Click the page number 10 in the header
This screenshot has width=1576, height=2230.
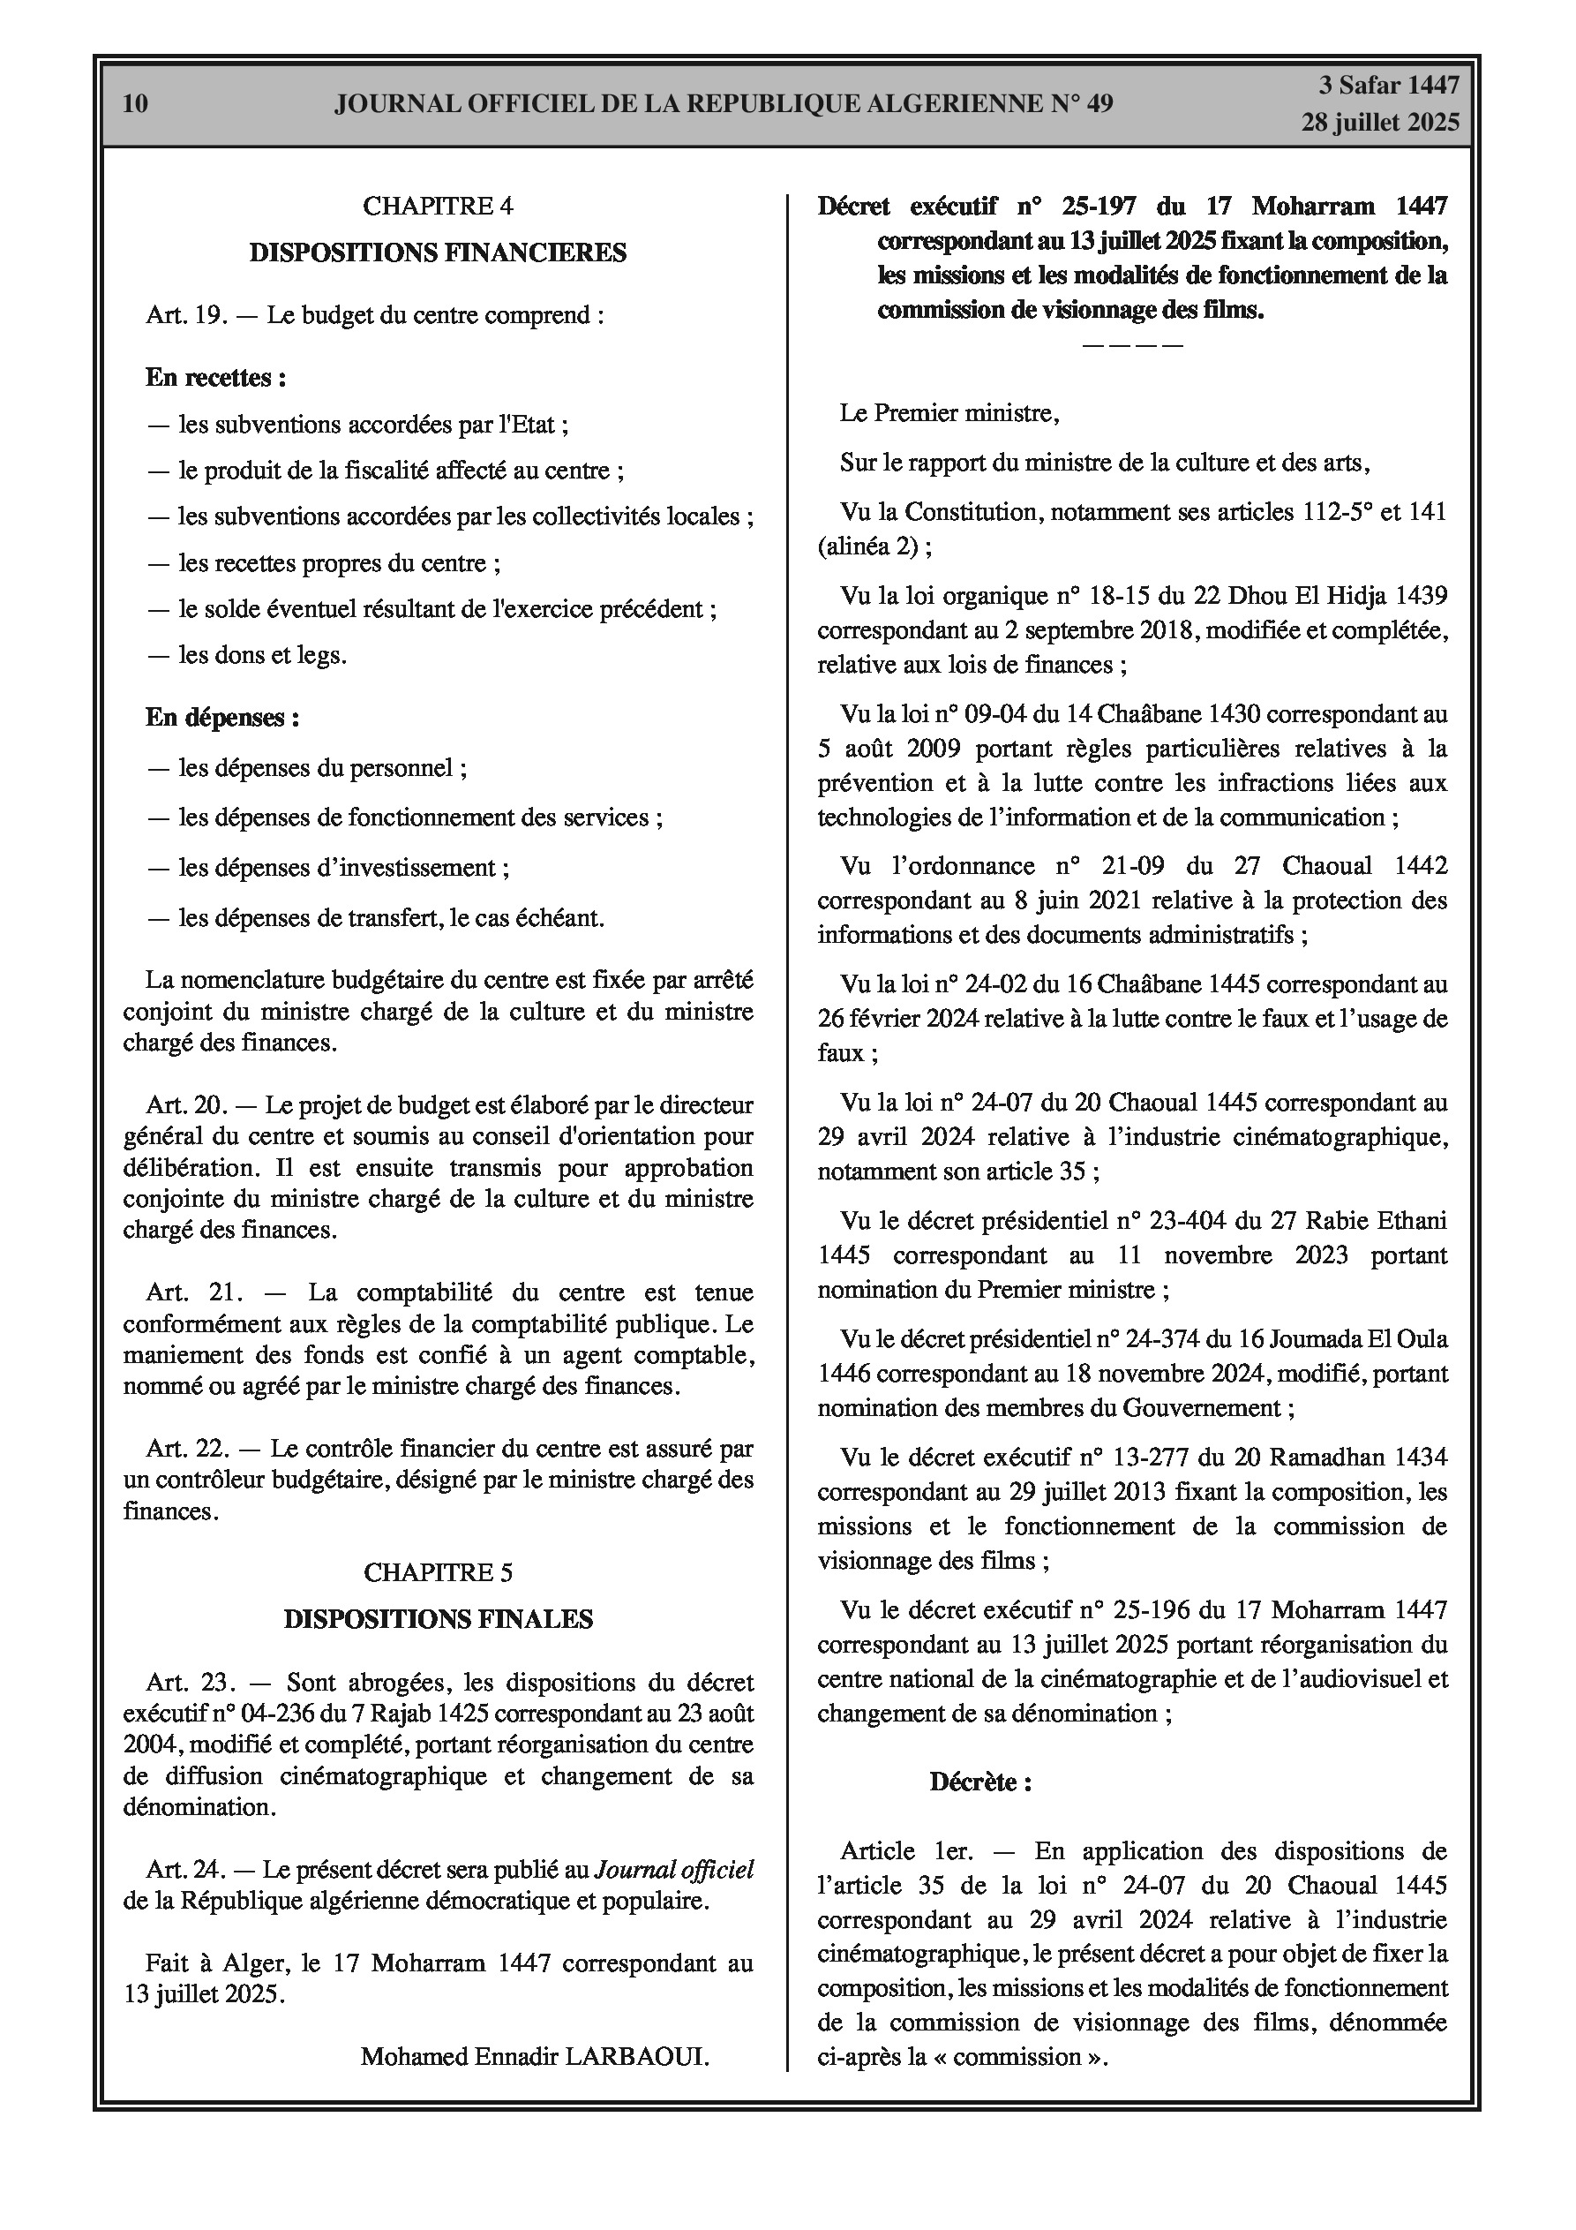tap(136, 104)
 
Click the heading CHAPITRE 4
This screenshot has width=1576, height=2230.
tap(438, 206)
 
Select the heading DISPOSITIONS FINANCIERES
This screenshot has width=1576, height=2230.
tap(438, 253)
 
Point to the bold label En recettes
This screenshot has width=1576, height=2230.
tap(215, 378)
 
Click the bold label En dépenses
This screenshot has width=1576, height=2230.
tap(221, 718)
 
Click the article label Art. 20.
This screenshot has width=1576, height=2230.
tap(186, 1105)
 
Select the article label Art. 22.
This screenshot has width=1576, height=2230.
tap(187, 1448)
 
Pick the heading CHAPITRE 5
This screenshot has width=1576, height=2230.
tap(438, 1572)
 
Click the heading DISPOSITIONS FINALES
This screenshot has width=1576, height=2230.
tap(438, 1620)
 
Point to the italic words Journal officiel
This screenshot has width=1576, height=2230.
tap(673, 1870)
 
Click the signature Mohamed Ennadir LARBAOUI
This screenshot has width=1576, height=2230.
tap(534, 2056)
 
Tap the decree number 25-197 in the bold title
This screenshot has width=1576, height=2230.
tap(1103, 206)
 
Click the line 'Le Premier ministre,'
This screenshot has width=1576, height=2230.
tap(949, 414)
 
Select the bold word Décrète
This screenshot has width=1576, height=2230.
tap(979, 1782)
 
